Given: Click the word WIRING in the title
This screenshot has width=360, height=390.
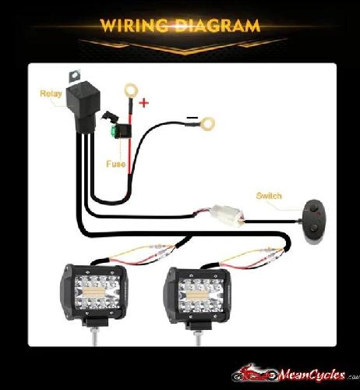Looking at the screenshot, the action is [133, 26].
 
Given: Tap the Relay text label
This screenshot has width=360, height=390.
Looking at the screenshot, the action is [51, 94].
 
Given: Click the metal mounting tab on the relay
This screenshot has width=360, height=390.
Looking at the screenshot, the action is [75, 76].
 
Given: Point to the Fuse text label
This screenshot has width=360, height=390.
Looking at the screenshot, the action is [115, 164].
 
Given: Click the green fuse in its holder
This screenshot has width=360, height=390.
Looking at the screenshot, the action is [114, 131].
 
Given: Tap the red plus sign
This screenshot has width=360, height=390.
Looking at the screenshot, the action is [143, 103].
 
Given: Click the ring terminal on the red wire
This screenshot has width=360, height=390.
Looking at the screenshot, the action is [131, 90].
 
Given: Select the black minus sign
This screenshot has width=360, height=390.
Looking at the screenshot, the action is [192, 118].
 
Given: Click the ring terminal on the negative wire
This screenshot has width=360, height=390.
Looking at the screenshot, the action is [208, 124].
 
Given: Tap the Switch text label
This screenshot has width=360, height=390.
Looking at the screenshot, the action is [269, 196].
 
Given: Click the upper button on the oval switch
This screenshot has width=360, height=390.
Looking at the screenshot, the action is [313, 208].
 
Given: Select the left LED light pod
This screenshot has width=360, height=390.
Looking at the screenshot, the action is [94, 293].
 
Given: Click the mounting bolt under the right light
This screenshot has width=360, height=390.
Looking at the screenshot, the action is [198, 338].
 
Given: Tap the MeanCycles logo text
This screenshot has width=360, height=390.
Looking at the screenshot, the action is [311, 375].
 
